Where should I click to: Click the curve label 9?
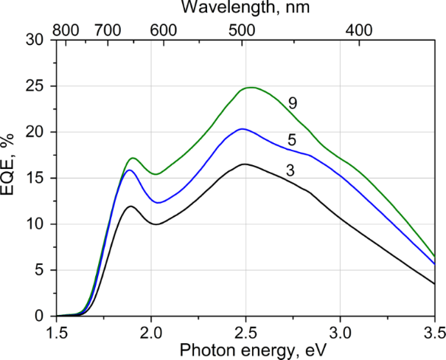tap(293, 103)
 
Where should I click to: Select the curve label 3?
tap(291, 171)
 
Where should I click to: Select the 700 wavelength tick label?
tap(107, 30)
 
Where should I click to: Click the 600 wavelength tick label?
tap(163, 30)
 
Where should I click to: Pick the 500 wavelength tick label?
tap(240, 30)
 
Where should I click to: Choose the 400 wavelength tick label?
tap(358, 30)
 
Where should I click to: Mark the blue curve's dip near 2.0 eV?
tap(157, 202)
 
